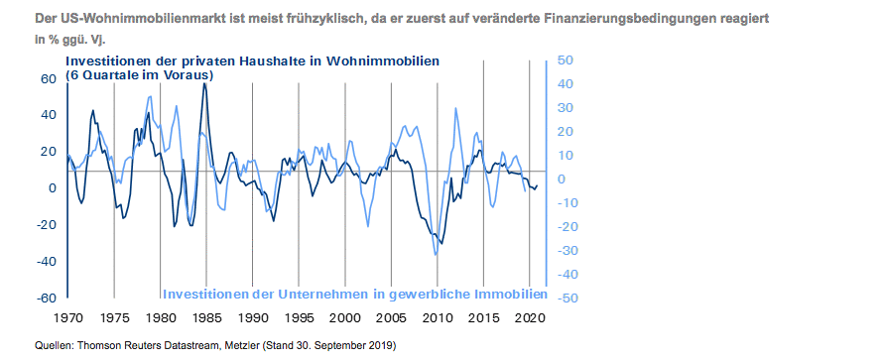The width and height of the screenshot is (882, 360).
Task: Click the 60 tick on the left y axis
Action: pyautogui.click(x=48, y=78)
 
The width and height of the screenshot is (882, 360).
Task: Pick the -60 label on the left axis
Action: pyautogui.click(x=46, y=298)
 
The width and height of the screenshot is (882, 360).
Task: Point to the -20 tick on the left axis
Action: pyautogui.click(x=46, y=224)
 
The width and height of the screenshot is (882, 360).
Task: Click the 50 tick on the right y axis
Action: pyautogui.click(x=563, y=60)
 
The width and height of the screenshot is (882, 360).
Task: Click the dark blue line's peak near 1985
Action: pyautogui.click(x=204, y=83)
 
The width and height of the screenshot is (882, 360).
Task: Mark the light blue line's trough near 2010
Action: pyautogui.click(x=436, y=255)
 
